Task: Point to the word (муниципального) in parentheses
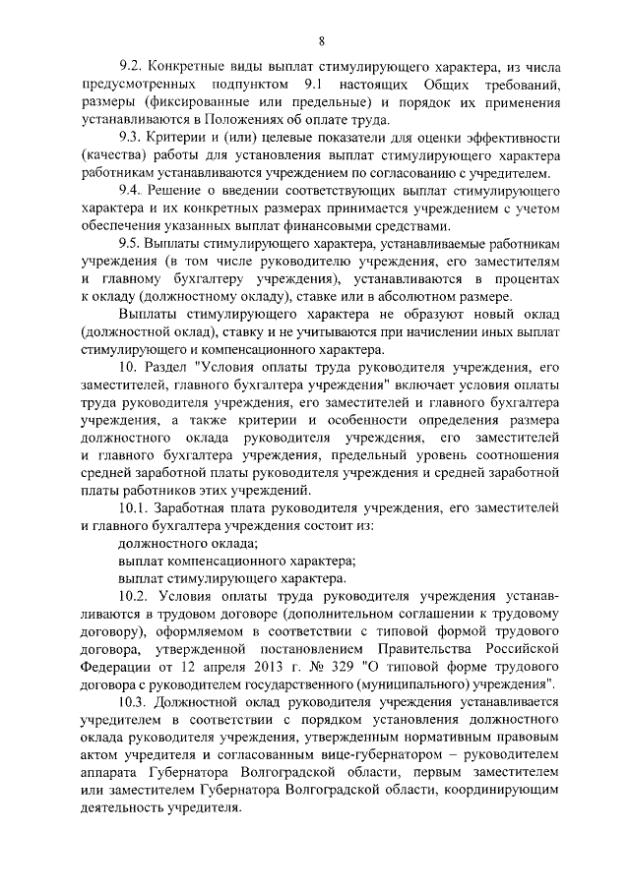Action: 428,682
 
